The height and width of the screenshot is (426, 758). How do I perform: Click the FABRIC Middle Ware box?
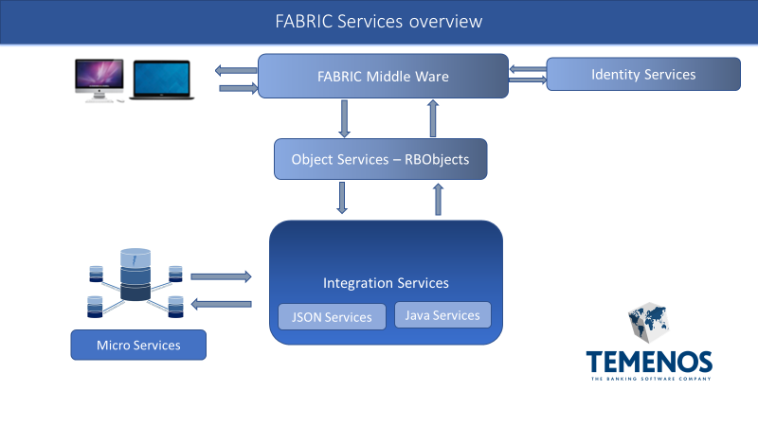383,76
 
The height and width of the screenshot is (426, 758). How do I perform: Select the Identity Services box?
643,74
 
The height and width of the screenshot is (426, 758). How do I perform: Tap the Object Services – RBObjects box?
381,159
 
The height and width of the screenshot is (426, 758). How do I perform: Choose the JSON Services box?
333,317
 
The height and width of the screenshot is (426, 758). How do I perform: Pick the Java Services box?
442,315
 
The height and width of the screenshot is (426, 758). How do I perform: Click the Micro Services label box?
138,345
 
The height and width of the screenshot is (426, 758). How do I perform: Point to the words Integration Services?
386,282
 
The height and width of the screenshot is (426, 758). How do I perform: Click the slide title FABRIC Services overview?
379,21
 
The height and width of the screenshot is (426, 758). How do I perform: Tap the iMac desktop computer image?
99,80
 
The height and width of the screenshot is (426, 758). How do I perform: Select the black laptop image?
161,80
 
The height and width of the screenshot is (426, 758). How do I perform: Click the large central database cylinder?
135,275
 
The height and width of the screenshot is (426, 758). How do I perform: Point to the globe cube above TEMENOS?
649,322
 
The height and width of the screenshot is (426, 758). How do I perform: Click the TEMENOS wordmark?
649,362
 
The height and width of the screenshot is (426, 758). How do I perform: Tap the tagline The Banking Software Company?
651,379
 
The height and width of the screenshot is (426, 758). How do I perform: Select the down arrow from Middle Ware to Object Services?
344,119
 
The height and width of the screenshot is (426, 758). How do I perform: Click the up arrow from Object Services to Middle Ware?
433,119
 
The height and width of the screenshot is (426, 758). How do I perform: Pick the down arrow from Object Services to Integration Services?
342,198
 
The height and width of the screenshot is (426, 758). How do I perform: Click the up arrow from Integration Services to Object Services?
438,200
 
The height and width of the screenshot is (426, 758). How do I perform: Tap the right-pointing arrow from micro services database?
221,276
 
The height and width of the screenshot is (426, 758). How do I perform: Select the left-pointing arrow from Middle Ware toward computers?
236,70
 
